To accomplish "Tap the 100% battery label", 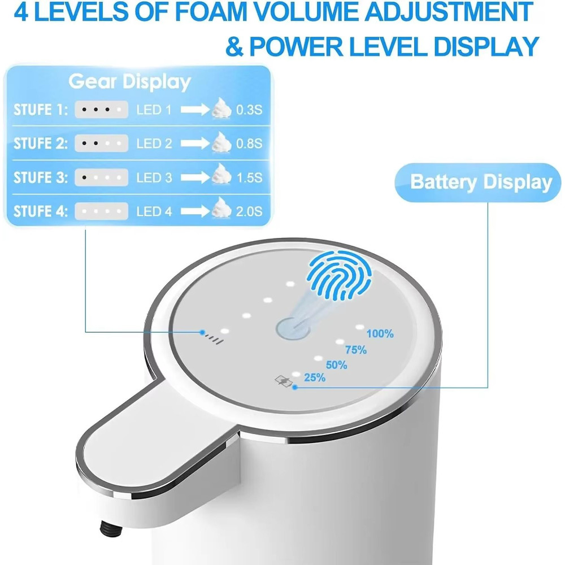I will tap(380, 334).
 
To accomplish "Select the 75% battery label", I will tap(356, 350).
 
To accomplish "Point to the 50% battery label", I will tap(336, 365).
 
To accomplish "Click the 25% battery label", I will tap(315, 378).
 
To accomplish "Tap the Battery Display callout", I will tap(481, 182).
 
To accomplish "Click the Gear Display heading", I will tap(130, 81).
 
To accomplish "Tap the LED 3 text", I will tap(154, 178).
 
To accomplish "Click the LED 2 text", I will tap(154, 144).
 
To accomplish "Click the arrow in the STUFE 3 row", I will tap(195, 178).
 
